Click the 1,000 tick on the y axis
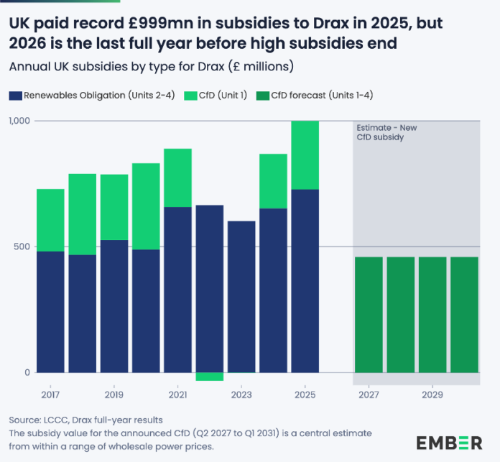19,121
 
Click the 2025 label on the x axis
305,394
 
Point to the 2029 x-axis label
432,394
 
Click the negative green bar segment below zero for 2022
209,376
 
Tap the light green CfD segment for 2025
305,154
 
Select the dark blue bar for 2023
241,296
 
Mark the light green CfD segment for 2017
50,220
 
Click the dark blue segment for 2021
177,289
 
